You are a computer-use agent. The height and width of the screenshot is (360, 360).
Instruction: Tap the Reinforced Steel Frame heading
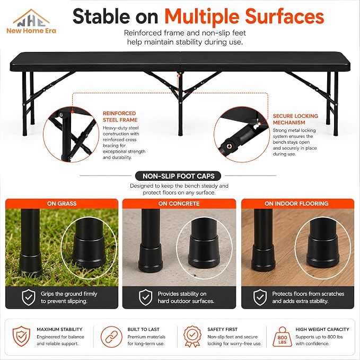click(120, 117)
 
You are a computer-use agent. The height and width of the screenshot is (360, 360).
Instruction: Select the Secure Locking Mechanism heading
click(295, 119)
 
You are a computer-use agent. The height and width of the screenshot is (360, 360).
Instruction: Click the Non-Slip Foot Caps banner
click(178, 176)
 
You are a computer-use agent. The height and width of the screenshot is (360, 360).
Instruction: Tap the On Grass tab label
click(62, 204)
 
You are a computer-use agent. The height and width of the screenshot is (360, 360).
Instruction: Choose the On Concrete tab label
click(179, 204)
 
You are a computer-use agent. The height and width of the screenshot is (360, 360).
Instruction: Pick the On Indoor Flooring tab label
click(296, 204)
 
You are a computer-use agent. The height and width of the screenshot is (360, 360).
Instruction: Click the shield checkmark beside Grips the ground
click(29, 297)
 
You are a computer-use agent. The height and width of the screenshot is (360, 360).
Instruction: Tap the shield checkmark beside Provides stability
click(146, 297)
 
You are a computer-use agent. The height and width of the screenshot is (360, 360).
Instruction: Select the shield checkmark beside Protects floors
click(260, 297)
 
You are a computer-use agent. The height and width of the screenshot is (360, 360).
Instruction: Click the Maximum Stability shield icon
click(21, 336)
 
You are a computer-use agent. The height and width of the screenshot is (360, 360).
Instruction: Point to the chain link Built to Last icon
click(111, 337)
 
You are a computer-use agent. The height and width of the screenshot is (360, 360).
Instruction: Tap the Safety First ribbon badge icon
click(192, 336)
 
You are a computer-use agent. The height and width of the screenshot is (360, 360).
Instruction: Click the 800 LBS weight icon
click(282, 337)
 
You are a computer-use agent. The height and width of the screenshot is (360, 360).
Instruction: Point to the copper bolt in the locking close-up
click(229, 146)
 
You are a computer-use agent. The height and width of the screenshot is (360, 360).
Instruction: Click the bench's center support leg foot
click(180, 134)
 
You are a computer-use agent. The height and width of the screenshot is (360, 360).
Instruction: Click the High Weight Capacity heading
click(322, 329)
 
